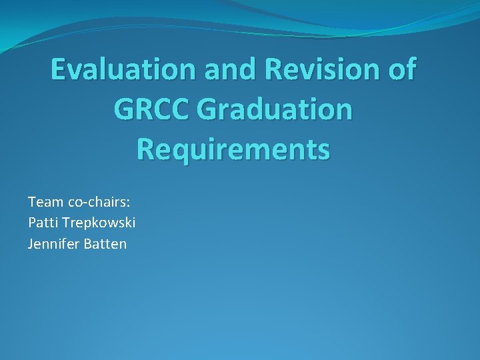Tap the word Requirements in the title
(233, 149)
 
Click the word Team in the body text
(43, 201)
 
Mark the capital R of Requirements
(145, 149)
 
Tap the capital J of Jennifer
(30, 244)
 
